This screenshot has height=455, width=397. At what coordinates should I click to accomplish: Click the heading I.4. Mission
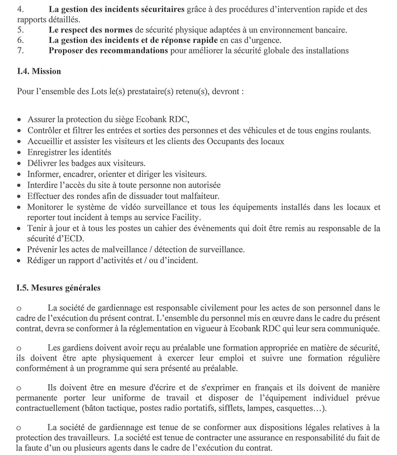(x=39, y=71)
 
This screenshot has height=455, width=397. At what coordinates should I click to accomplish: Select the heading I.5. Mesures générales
(x=59, y=288)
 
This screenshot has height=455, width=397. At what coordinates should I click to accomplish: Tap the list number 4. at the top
(x=21, y=9)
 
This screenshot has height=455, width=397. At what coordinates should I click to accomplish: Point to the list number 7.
(x=21, y=51)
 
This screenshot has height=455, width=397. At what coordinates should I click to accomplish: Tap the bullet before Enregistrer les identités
(x=21, y=153)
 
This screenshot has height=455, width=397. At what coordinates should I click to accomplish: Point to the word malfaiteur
(x=195, y=195)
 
